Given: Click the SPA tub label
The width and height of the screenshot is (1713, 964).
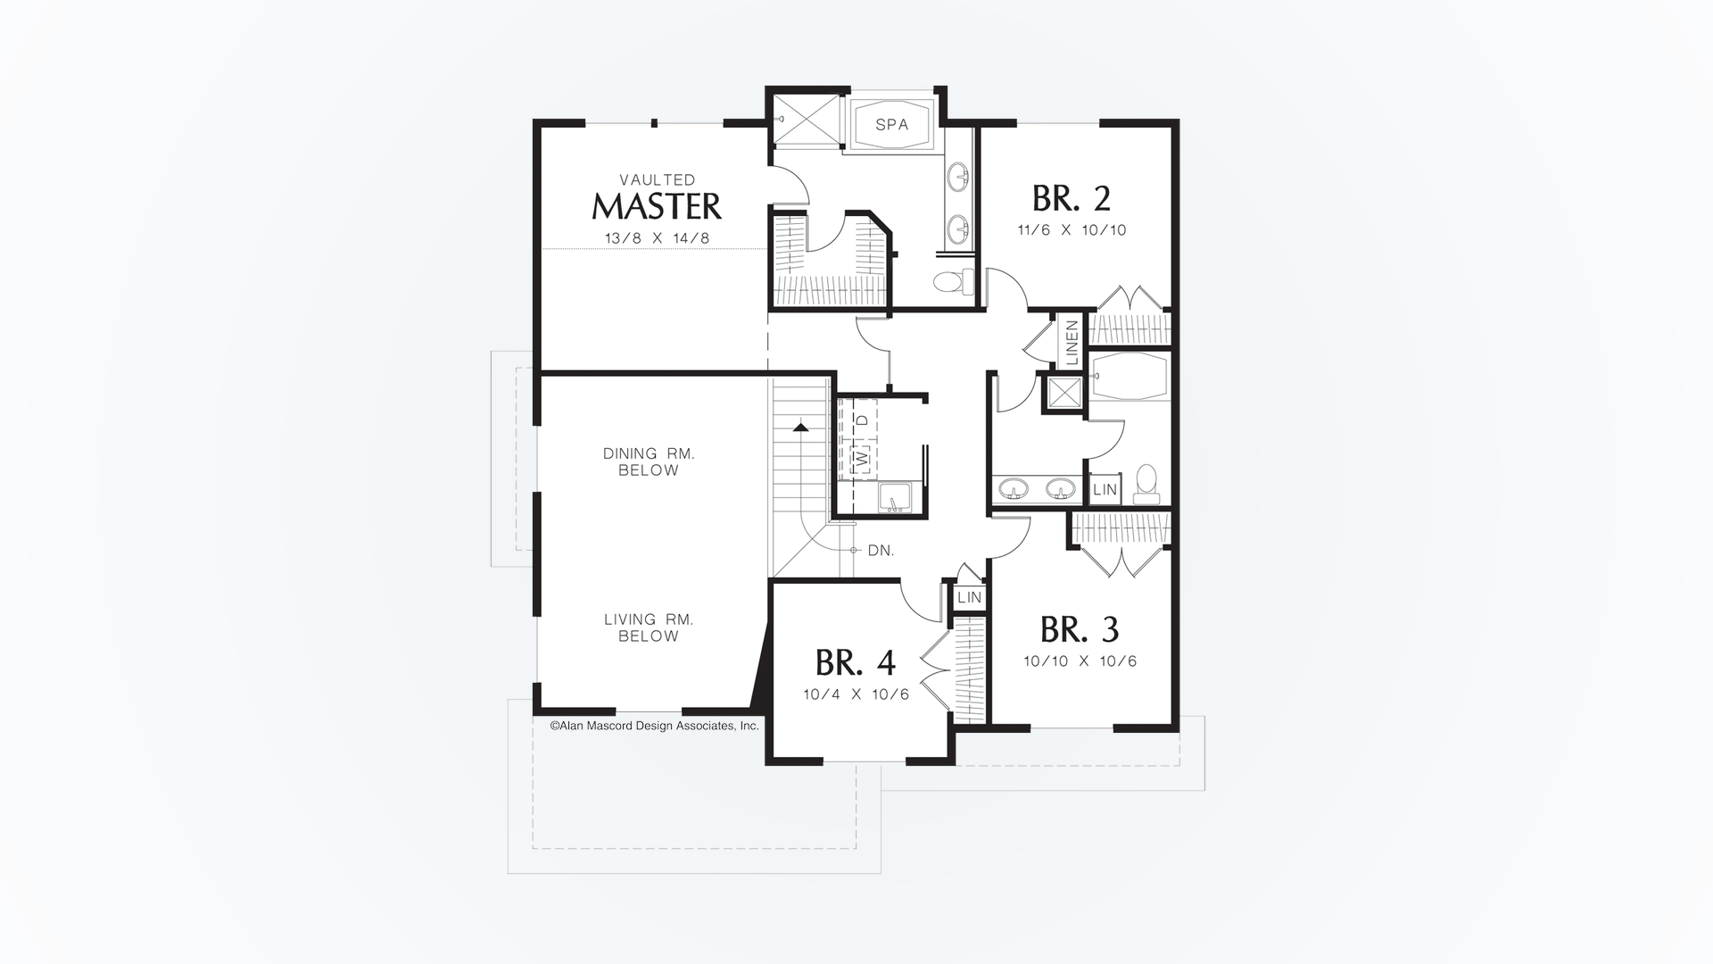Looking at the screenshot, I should (891, 125).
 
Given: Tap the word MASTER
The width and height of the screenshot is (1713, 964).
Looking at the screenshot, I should (657, 206).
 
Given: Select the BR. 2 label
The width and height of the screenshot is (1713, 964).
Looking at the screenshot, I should (1071, 197).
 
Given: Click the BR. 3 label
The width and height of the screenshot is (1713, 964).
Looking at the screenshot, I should (1080, 630).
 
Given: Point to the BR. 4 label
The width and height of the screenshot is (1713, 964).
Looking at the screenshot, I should (855, 662).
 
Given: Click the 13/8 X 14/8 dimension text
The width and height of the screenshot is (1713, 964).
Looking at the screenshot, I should (657, 238).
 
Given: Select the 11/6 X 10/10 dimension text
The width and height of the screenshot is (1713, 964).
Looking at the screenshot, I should (1072, 230).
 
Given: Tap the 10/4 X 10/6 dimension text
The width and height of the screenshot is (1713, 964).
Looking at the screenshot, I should (856, 694).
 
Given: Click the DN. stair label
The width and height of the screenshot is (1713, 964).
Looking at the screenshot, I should (881, 551).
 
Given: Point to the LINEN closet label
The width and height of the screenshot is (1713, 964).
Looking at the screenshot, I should (1072, 341).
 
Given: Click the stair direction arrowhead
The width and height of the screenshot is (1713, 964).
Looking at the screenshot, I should (800, 428).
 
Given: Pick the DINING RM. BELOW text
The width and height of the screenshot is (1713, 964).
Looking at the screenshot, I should (649, 461).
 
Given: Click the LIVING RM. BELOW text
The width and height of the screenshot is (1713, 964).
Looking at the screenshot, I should (649, 627).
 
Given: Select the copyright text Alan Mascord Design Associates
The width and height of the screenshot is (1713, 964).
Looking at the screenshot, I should (654, 726).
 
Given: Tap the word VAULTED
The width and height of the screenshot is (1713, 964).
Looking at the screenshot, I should (657, 180).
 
